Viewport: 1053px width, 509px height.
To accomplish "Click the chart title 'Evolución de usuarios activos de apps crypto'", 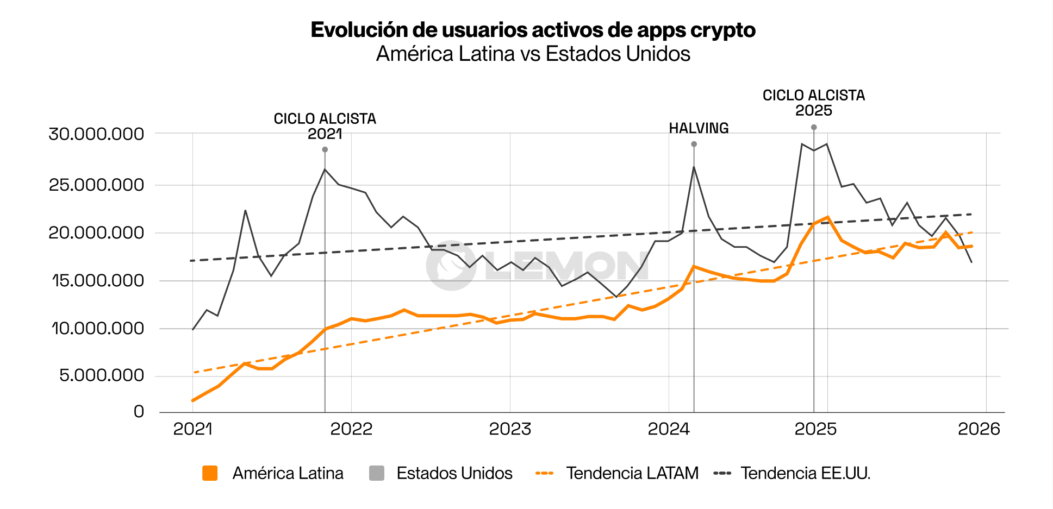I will point(533,30).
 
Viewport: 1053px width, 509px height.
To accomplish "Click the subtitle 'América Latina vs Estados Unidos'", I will point(533,54).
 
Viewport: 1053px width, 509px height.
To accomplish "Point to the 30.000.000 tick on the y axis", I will point(96,134).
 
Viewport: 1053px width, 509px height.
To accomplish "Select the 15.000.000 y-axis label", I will point(98,280).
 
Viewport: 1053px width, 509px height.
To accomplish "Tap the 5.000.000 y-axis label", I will point(101,375).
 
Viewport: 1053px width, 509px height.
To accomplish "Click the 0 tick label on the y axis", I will point(139,412).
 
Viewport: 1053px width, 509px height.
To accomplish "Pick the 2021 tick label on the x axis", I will point(192,429).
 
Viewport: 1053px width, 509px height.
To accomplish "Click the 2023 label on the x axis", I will point(510,429).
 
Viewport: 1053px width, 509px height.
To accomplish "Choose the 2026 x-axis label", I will point(979,429).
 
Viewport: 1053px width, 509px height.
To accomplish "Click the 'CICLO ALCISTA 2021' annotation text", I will point(325,126).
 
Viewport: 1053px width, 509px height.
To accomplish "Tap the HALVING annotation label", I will point(699,128).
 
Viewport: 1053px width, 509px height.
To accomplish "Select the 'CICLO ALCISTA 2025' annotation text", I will point(813,103).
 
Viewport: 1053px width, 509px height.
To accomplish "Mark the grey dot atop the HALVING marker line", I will point(694,144).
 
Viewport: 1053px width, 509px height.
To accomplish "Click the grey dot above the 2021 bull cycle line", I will point(325,149).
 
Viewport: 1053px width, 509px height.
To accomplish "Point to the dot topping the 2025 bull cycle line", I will point(814,127).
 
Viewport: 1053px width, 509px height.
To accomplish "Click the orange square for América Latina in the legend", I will point(210,473).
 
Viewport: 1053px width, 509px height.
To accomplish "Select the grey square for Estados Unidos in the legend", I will point(376,473).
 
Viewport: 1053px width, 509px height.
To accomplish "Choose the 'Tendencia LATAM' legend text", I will point(632,473).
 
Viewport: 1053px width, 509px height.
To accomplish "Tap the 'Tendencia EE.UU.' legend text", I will point(805,473).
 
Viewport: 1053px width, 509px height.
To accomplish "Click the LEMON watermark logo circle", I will point(451,266).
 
